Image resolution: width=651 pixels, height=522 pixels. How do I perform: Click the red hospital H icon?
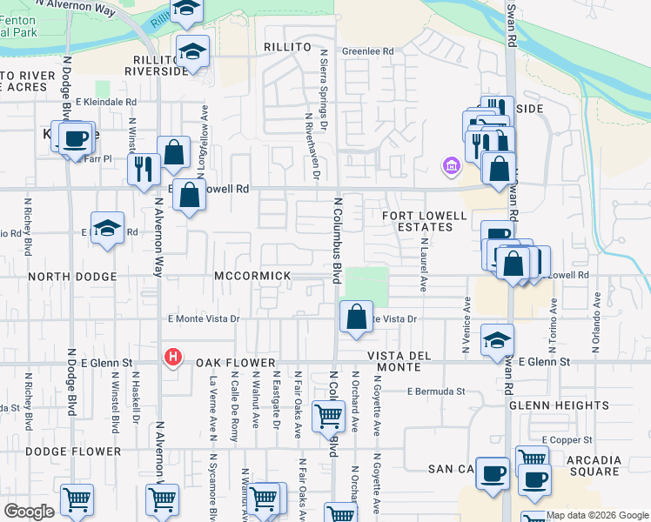pos(173,357)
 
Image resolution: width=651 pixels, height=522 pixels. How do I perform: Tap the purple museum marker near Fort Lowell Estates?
pos(451,165)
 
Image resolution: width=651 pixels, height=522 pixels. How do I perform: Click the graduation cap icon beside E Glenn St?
pos(497,340)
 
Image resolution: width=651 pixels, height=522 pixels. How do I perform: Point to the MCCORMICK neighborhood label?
pos(253,276)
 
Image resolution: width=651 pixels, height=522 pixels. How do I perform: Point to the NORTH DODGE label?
pos(72,277)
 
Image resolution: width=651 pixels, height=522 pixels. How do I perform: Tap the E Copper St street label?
pos(566,440)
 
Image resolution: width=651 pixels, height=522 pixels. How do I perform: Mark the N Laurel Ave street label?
pos(424,265)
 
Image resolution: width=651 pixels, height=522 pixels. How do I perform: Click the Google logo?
pos(29,511)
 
